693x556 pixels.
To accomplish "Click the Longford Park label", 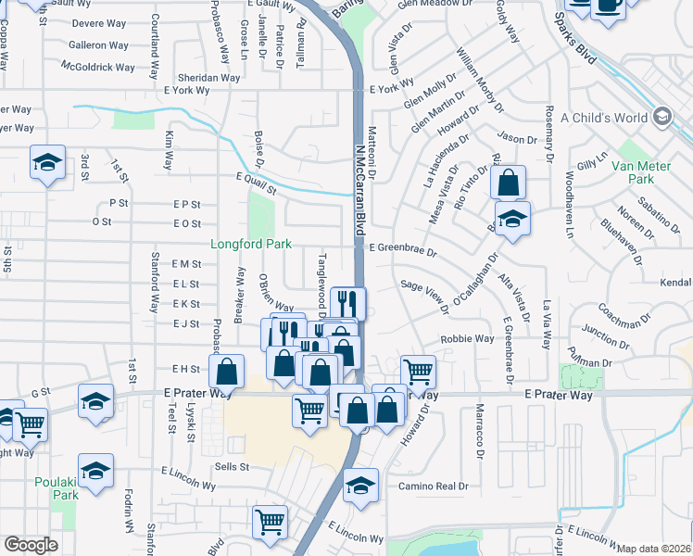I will click(x=251, y=245).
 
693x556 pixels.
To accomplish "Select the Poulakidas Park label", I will click(x=57, y=488).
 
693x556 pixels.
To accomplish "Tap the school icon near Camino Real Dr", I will click(x=360, y=485).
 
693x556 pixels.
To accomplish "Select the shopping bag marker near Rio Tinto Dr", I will click(x=508, y=181).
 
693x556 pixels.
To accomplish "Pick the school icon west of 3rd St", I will click(x=46, y=162).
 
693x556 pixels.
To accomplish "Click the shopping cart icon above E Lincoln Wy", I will click(x=270, y=521).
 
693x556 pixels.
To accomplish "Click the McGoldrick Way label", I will click(x=98, y=67).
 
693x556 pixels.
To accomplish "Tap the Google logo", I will click(x=30, y=545).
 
